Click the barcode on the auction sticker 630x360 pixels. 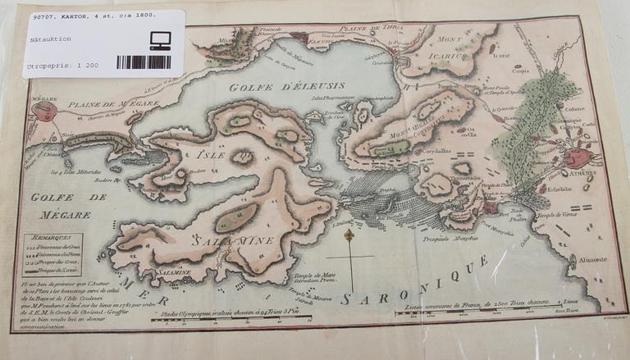[x=143, y=62]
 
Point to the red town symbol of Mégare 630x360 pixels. [x=43, y=112]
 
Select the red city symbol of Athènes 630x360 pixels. [x=579, y=157]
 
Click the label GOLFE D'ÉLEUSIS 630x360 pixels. [x=286, y=85]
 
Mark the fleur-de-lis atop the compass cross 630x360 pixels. [x=348, y=236]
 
